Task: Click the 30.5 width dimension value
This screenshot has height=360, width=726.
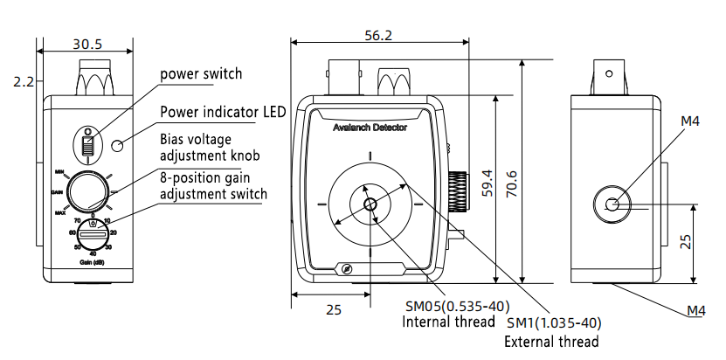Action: click(x=86, y=42)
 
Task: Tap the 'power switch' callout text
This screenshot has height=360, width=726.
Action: click(x=201, y=73)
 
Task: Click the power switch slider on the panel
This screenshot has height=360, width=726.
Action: click(x=87, y=144)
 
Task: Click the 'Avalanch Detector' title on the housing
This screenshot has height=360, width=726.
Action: click(x=370, y=128)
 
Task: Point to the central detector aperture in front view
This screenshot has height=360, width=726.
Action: click(x=370, y=204)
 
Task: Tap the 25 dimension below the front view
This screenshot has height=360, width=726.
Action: click(x=333, y=309)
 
